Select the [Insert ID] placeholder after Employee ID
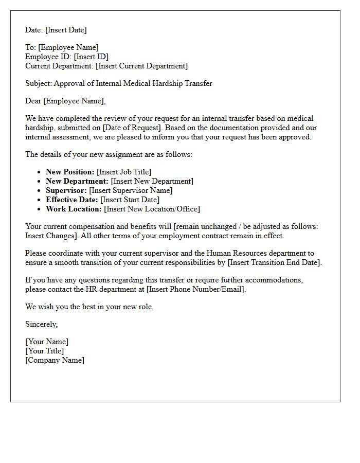[x=91, y=57]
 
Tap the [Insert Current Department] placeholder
[x=141, y=66]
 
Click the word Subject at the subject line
[x=38, y=83]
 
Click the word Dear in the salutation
[x=33, y=101]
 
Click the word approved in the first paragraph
[x=295, y=137]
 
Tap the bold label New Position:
[x=70, y=172]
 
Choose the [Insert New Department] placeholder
[x=152, y=181]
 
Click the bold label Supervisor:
[x=66, y=190]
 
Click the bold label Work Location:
[x=74, y=209]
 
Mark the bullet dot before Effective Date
[x=39, y=200]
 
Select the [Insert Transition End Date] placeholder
[x=275, y=262]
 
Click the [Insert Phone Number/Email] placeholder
[x=196, y=289]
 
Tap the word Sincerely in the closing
[x=41, y=324]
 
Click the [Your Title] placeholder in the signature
[x=44, y=351]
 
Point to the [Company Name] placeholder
[x=55, y=360]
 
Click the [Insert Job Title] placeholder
[x=124, y=172]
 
